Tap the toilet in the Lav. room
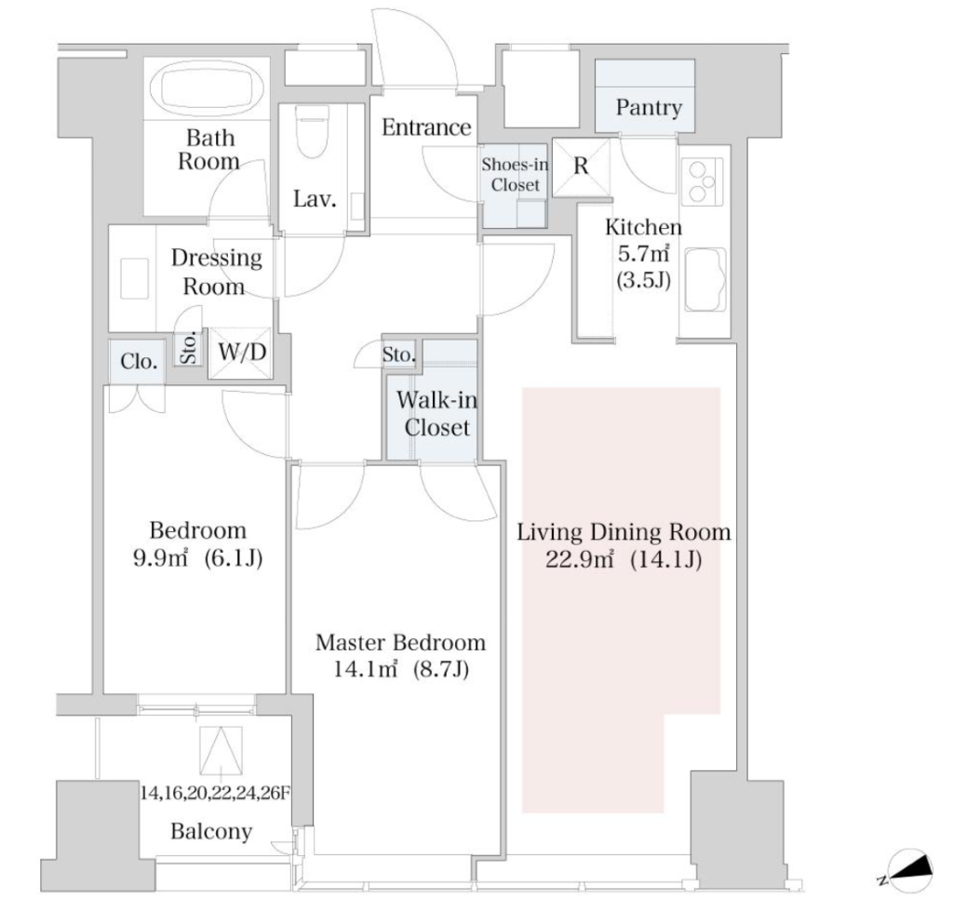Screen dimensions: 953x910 click(312, 130)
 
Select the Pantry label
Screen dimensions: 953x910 click(649, 108)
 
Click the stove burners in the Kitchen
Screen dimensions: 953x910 click(702, 181)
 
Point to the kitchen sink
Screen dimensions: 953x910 click(705, 279)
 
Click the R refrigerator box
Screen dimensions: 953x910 click(581, 167)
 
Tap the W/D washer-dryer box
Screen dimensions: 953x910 click(241, 353)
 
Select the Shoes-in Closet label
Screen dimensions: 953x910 click(515, 174)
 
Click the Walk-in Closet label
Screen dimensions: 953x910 click(437, 414)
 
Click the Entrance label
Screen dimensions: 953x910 click(426, 127)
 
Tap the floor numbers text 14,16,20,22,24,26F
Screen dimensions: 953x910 click(215, 793)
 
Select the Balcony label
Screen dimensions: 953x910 click(211, 831)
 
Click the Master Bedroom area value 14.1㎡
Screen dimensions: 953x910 click(365, 669)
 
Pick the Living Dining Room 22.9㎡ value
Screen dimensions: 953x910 click(579, 559)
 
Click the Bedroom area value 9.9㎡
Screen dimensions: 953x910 click(160, 557)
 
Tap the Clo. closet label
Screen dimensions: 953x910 click(140, 361)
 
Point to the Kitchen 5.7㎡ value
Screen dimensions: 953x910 click(644, 253)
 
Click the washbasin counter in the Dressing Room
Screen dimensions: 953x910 click(134, 278)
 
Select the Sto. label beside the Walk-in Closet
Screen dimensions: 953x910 click(398, 354)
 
